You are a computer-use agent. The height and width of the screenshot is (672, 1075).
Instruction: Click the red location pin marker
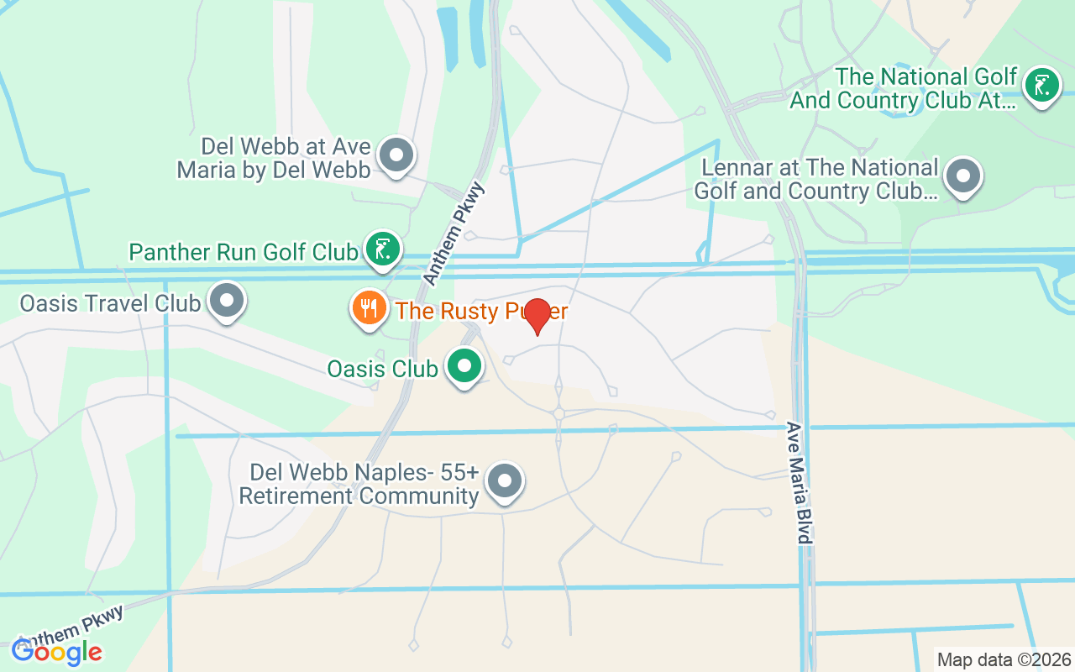[x=537, y=315]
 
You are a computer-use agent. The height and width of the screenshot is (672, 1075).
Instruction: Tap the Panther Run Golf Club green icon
[x=382, y=249]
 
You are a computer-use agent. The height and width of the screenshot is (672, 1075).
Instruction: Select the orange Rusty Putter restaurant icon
[x=368, y=308]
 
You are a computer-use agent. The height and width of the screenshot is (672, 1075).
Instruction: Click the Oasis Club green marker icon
[x=463, y=366]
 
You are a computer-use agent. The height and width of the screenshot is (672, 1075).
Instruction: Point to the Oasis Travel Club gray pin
[x=226, y=301]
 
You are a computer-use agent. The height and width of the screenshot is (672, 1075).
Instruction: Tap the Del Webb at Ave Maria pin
[x=396, y=155]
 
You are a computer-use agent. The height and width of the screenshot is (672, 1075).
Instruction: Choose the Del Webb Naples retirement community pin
[x=504, y=482]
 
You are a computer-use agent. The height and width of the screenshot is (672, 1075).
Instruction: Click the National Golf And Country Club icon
[x=1042, y=84]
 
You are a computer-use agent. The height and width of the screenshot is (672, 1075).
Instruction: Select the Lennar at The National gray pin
[x=962, y=176]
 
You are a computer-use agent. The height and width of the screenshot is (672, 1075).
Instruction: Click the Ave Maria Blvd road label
[x=800, y=482]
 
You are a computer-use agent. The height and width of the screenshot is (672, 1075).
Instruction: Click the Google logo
[x=56, y=651]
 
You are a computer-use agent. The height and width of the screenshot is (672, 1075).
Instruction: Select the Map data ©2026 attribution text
[x=1004, y=660]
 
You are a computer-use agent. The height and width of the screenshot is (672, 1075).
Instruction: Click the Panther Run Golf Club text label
[x=243, y=251]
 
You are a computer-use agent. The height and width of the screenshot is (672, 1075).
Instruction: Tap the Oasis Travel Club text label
[x=110, y=302]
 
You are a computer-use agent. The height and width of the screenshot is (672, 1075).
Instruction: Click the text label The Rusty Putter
[x=481, y=312]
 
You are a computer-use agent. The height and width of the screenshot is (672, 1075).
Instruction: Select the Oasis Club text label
[x=382, y=369]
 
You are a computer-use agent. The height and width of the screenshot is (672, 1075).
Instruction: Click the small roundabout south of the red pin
[x=558, y=413]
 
